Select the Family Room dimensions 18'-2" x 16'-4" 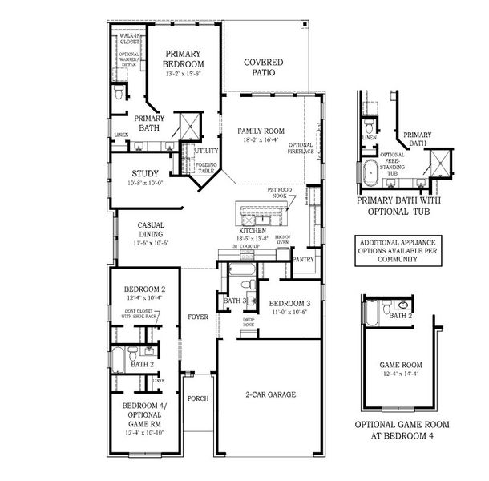click(261, 139)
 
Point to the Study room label click(145, 172)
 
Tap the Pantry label click(303, 260)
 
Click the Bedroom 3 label click(285, 303)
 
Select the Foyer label click(197, 317)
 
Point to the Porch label click(197, 398)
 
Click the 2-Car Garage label click(270, 394)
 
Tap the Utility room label click(206, 150)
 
